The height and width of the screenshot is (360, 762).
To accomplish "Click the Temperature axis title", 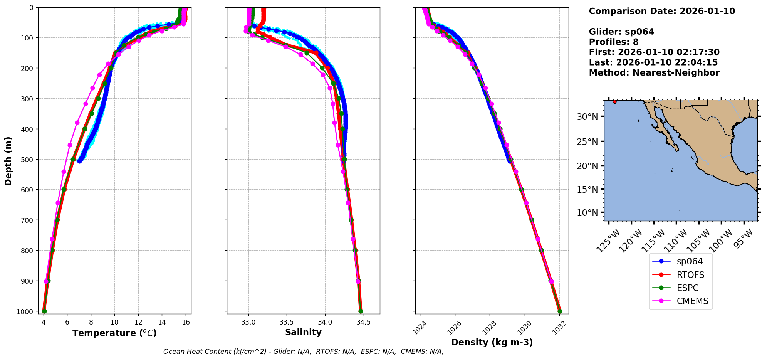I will tap(114, 333).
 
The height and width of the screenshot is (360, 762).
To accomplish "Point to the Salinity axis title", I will tap(303, 332).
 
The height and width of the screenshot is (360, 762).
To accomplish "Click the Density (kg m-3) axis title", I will tap(492, 342).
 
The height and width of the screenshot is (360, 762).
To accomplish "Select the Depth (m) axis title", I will tap(8, 161).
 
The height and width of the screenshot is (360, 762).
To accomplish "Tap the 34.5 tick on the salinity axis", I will tap(363, 322).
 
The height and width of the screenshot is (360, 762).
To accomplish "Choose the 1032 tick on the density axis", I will tap(559, 327).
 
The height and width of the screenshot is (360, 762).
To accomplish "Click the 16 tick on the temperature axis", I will tap(186, 322).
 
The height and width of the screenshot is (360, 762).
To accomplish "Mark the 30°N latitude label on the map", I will tap(587, 117).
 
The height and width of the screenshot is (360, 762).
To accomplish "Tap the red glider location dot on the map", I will tap(614, 101).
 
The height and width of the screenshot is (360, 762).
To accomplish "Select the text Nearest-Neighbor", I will tap(676, 73).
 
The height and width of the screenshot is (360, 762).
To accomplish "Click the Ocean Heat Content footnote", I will tap(303, 352).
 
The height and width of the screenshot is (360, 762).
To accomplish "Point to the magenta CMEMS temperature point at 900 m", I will tap(46, 281).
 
